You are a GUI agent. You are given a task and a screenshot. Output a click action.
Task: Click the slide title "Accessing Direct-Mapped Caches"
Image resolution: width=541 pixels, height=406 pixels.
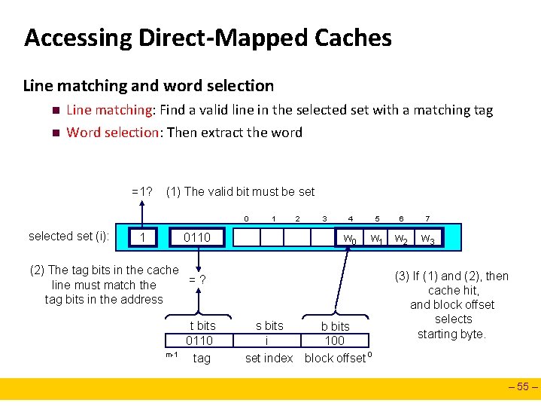click(208, 38)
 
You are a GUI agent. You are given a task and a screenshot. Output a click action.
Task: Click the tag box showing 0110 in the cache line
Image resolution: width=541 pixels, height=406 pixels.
click(198, 238)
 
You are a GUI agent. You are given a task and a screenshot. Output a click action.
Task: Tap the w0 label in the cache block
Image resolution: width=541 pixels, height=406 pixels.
click(350, 240)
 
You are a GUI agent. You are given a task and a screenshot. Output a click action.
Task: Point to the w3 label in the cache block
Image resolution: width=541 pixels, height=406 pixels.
click(427, 240)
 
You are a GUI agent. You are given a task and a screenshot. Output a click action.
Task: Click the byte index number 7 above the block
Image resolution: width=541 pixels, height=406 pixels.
click(427, 219)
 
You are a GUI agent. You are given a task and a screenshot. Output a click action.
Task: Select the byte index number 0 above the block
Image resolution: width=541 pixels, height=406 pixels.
click(246, 219)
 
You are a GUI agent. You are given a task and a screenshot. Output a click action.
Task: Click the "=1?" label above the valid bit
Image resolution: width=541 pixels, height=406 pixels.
click(143, 191)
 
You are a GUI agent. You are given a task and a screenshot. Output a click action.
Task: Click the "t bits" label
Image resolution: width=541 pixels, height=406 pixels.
click(202, 326)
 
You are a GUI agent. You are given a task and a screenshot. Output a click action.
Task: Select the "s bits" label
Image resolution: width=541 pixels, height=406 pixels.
click(269, 326)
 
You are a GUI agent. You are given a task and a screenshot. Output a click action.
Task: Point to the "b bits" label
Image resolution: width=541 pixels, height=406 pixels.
click(335, 327)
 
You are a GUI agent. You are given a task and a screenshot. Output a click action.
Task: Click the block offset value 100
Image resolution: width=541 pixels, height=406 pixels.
click(335, 341)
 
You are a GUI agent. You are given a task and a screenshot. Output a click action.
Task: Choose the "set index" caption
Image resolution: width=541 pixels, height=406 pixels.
click(269, 359)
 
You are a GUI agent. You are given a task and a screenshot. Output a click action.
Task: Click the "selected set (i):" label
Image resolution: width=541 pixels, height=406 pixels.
click(69, 237)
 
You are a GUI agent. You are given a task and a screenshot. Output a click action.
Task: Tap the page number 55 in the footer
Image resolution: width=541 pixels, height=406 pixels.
click(524, 389)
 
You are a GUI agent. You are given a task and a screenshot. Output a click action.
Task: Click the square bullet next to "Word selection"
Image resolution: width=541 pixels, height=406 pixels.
click(55, 133)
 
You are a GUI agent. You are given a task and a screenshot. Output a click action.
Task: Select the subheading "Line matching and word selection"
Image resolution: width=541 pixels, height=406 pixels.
click(148, 86)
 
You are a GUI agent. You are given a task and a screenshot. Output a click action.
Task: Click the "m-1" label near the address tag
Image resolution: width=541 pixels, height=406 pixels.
click(172, 355)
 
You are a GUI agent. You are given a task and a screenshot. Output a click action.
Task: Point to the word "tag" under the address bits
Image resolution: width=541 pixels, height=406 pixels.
click(202, 359)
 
